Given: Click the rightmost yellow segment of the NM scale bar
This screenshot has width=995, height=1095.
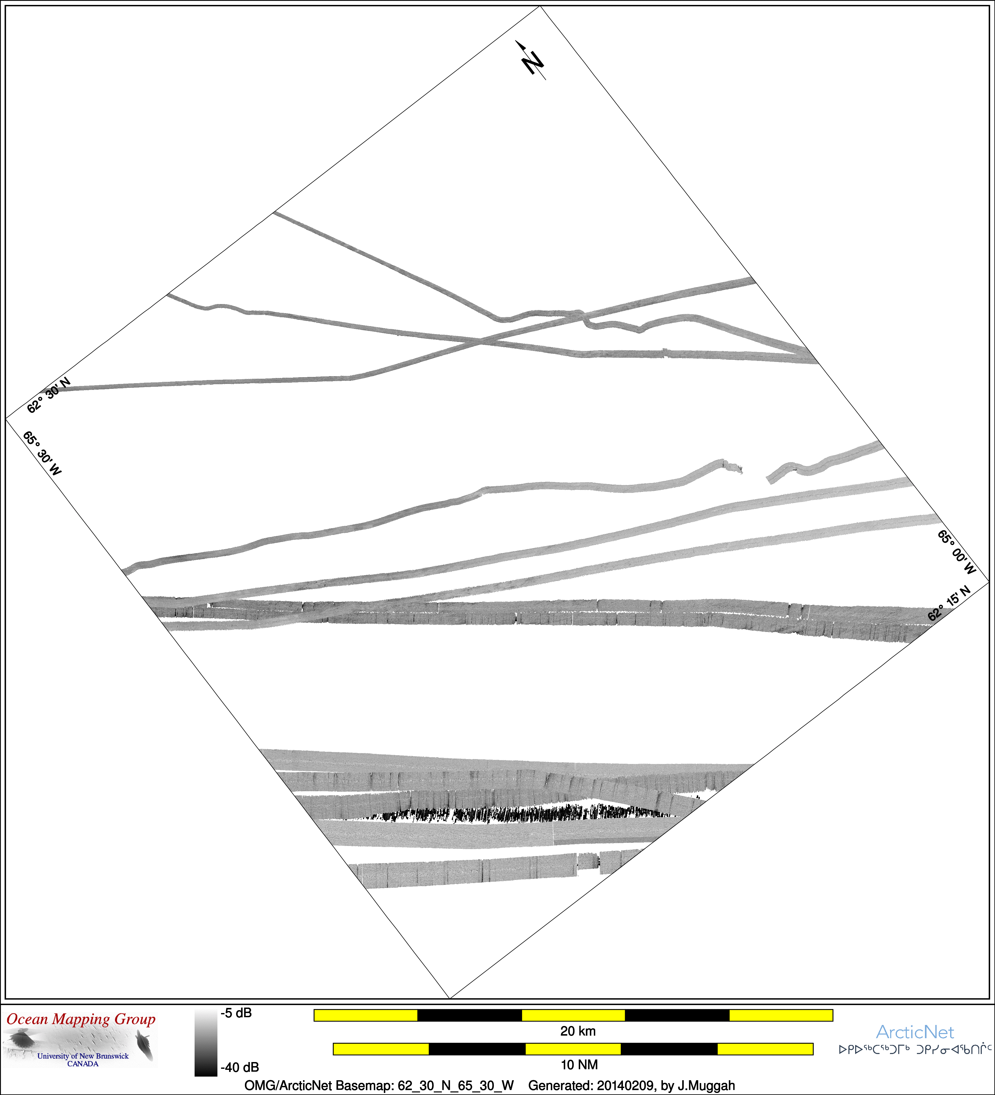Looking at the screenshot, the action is [x=765, y=1049].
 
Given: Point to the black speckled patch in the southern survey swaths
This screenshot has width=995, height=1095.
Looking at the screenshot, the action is [x=521, y=814].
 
